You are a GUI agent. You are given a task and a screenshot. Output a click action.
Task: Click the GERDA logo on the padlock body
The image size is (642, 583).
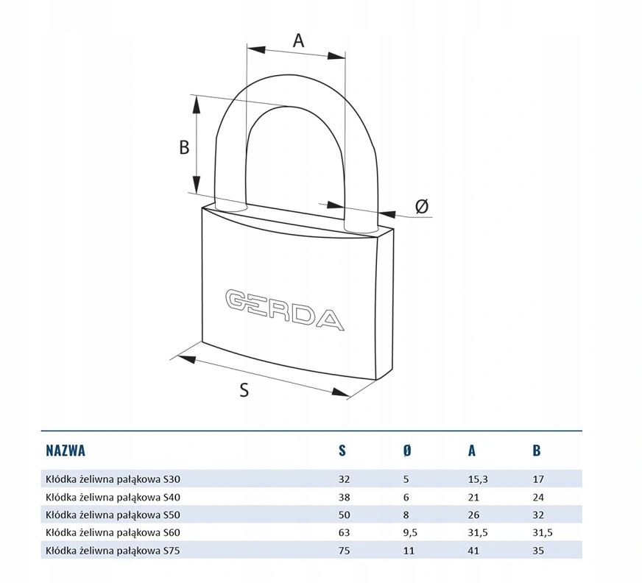285,309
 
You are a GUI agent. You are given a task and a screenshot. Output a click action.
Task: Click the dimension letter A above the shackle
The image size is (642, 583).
298,40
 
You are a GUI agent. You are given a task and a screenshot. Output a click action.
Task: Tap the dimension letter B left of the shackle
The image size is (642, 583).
184,147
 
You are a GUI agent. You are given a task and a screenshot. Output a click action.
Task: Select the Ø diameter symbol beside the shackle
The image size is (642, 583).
422,206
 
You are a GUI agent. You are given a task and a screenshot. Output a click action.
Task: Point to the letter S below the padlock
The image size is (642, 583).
244,389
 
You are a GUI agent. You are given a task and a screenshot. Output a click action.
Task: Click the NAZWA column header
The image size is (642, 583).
66,451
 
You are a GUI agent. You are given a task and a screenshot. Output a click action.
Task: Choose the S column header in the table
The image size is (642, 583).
342,451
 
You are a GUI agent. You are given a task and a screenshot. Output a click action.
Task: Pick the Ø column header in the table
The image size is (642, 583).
406,451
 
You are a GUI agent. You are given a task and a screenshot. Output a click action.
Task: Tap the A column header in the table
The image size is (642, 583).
472,451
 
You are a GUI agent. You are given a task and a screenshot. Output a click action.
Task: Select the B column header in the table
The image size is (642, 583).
537,451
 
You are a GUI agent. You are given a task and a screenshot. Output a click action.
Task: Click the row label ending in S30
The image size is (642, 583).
113,479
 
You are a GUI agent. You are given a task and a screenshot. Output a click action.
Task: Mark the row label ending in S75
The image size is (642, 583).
113,551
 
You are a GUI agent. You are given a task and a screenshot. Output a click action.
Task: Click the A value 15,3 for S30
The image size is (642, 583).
478,479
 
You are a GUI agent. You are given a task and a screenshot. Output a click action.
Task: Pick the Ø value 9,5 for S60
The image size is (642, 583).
410,533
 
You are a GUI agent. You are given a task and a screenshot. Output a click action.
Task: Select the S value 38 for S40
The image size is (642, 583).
345,497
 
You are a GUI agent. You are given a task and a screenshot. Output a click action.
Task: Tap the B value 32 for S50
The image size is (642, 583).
538,515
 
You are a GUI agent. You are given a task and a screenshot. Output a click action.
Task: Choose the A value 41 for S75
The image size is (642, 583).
473,551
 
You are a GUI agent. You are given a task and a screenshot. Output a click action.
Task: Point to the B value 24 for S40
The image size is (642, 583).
538,497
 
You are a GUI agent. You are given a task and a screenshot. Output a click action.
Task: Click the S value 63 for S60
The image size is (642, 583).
345,533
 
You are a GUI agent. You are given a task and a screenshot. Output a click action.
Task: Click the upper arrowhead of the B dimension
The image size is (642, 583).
197,105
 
